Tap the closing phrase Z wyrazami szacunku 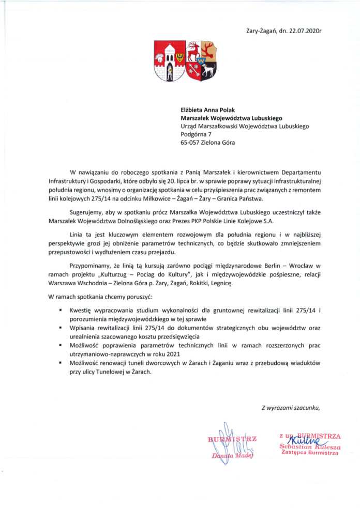(291, 409)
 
